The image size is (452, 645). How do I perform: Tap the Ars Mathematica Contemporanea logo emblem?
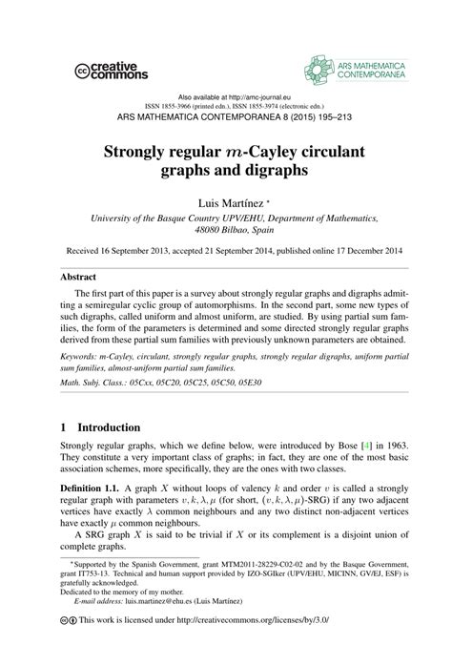(320, 67)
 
